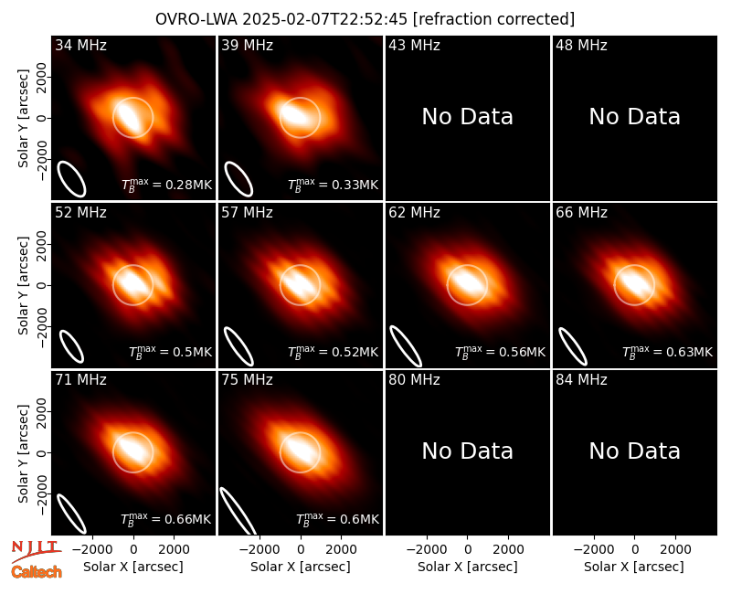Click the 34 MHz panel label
pos(80,45)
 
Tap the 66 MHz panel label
pos(581,213)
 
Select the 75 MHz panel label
pos(247,380)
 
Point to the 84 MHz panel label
pos(581,380)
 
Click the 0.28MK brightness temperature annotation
pos(167,185)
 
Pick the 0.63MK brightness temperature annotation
pos(668,352)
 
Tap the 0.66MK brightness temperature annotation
pos(166,519)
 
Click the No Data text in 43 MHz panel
pos(468,117)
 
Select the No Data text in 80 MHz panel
pos(468,451)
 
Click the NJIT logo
pos(36,550)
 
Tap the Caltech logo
pos(37,572)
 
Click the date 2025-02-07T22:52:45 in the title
pos(325,19)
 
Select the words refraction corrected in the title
pos(493,19)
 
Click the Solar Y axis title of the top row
pos(23,119)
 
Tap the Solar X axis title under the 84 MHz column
pos(634,567)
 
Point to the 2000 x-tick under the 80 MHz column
pos(508,549)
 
